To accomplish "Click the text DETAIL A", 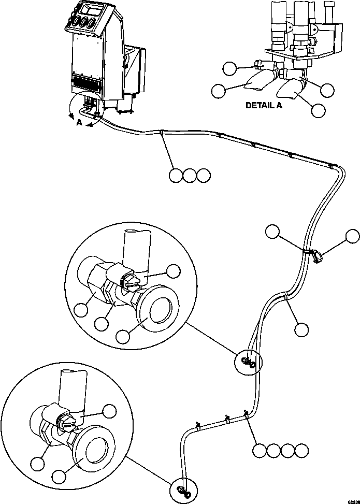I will (264, 105).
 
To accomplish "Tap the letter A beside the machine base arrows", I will (79, 123).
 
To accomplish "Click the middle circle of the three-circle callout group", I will (190, 176).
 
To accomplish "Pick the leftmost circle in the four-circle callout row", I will (260, 450).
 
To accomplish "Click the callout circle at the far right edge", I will (353, 237).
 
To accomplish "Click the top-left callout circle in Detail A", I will (229, 68).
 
